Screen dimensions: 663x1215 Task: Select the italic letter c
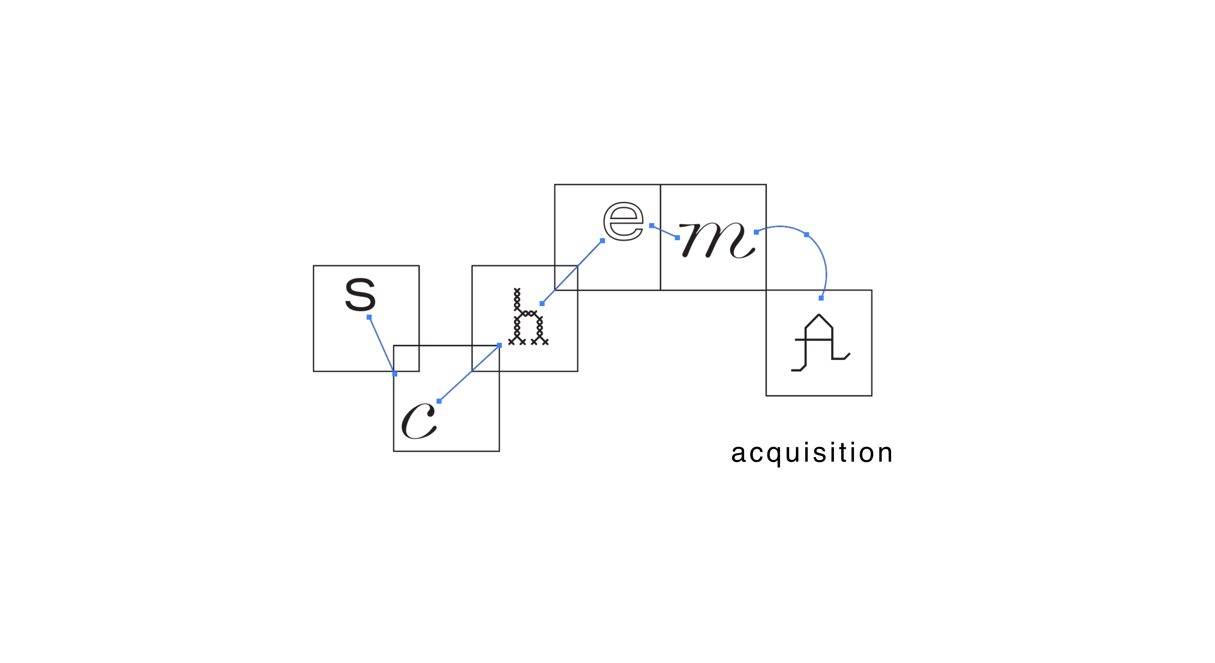coord(418,421)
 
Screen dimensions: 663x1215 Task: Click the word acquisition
coord(811,453)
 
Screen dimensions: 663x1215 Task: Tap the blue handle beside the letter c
coord(439,401)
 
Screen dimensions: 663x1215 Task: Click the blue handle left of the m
coord(677,237)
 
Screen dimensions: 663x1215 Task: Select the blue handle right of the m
coord(756,232)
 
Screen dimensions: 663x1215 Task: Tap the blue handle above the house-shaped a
coord(821,298)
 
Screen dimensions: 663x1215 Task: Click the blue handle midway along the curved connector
coord(807,235)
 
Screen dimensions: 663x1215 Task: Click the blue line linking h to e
coord(572,272)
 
